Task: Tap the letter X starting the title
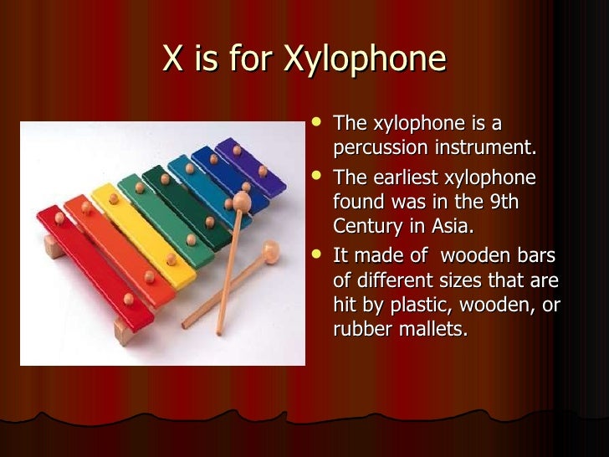(173, 59)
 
